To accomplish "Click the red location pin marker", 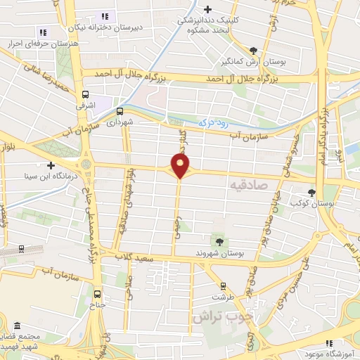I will tap(181, 166).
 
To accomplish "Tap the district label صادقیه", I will tap(247, 184).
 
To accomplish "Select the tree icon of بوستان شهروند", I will tap(220, 242).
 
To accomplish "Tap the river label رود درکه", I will tap(214, 122).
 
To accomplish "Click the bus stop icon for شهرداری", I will tap(120, 110).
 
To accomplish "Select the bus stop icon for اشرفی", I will tap(85, 94).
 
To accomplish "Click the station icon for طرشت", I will tap(224, 285).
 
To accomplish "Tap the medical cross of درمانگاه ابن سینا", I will tap(51, 166).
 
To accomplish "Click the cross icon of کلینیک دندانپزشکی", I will tap(207, 9).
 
